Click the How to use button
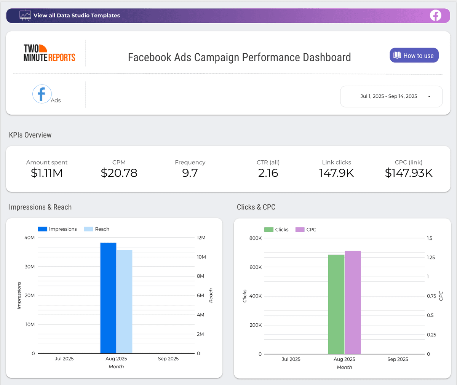click(414, 55)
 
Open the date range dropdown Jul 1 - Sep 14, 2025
click(391, 96)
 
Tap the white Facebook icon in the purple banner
click(435, 16)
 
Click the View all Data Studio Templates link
click(77, 15)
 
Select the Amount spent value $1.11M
click(46, 173)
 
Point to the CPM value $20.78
click(119, 173)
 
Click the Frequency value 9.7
click(190, 173)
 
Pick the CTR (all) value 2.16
click(268, 173)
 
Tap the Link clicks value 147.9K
click(336, 173)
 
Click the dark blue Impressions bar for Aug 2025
click(108, 298)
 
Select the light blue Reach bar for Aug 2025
click(124, 302)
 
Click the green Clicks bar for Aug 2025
click(336, 304)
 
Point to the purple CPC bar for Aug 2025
click(353, 302)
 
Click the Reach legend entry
click(96, 229)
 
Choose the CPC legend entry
click(306, 230)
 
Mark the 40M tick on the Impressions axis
click(30, 238)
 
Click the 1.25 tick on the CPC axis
click(431, 257)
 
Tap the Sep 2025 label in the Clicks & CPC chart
click(398, 359)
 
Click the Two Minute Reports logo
click(49, 53)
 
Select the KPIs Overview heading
click(30, 135)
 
